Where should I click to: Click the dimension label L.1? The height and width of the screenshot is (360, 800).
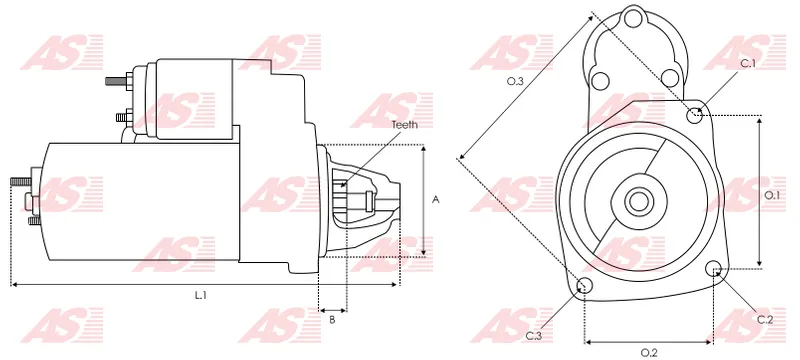200,295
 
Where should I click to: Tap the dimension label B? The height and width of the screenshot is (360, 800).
332,320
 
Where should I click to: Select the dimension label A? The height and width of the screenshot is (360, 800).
436,200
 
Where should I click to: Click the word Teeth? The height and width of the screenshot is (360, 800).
405,124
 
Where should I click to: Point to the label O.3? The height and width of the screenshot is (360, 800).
515,81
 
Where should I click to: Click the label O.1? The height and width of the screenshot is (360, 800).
772,195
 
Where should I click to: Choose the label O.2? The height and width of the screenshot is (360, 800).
649,352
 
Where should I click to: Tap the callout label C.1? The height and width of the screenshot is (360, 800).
748,63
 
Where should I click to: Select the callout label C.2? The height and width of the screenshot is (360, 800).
765,320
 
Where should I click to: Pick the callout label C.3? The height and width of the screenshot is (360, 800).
534,336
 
